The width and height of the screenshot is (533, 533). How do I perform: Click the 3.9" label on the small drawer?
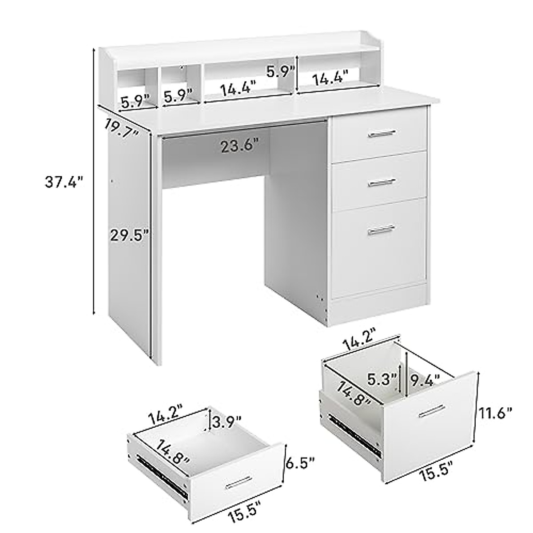point(227,419)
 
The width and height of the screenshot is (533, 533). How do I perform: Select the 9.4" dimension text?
point(425,379)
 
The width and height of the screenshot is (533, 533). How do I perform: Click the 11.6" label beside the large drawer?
point(496,414)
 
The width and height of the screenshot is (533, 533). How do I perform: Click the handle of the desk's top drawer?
point(381,132)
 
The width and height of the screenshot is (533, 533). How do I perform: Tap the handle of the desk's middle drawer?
point(381,181)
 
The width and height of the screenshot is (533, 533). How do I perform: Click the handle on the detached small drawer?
point(239,482)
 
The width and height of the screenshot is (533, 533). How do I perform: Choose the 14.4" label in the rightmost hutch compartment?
point(329,79)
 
